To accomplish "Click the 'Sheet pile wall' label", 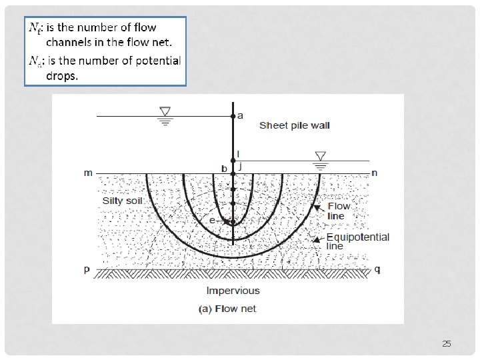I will coord(294,125).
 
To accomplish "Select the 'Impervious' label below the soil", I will coord(233,290).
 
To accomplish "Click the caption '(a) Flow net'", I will coord(228,308).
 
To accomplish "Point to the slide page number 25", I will coord(447,344).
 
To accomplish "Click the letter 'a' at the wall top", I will coord(241,115).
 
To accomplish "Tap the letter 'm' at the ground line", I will coord(88,173).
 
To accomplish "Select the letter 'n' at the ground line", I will coord(375,173).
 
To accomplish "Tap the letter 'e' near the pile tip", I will coord(212,219).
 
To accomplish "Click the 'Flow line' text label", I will coord(338,211).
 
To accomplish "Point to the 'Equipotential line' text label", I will coord(357,241).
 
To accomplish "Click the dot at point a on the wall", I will coord(233,116).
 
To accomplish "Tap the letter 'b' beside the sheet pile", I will coord(225,169).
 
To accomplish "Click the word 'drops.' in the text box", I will coord(62,76).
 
